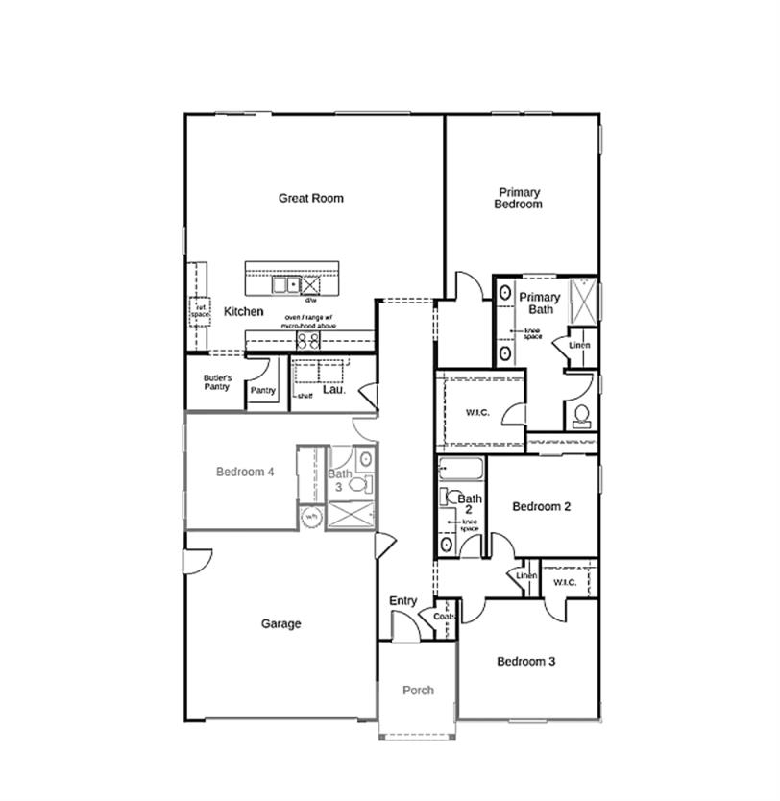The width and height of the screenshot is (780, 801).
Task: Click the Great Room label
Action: coord(310,199)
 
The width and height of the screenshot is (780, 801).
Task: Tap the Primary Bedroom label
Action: coord(518,198)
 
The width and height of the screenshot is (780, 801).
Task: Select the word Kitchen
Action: coord(243,312)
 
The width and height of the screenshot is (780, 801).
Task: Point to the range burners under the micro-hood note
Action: coord(307,340)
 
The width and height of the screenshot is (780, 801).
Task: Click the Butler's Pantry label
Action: coord(217,382)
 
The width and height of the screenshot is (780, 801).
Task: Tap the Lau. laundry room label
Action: coord(333,390)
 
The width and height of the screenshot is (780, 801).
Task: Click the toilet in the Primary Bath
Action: coord(581,416)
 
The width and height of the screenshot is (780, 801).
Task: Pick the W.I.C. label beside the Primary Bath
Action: coord(477,413)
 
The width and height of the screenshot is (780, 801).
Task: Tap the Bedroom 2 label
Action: coord(542,507)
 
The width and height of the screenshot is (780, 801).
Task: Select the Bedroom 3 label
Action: coord(525,662)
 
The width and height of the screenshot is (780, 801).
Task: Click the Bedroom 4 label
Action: coord(245,472)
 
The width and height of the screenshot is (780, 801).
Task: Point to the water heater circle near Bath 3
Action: coord(311,517)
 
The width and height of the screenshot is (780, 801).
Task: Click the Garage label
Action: coord(280,624)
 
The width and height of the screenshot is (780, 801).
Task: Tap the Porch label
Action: coord(418,691)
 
